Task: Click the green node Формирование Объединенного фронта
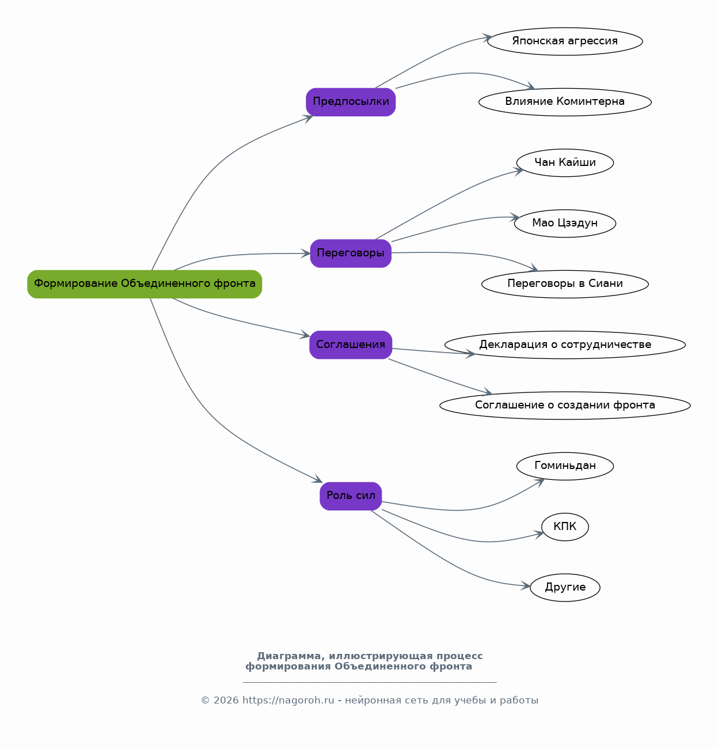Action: coord(145,284)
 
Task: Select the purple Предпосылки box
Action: coord(351,102)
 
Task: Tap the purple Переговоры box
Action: coord(351,254)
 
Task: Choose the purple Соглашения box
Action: coord(351,345)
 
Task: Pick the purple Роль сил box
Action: coord(351,496)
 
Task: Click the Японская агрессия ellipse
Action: coord(565,41)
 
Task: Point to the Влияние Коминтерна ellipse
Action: coord(565,102)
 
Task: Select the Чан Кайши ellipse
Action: coord(565,163)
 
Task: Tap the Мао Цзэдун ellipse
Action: coord(565,223)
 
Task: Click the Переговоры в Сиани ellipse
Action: coord(565,284)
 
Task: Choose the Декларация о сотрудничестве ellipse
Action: coord(565,345)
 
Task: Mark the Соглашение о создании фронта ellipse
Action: coord(565,406)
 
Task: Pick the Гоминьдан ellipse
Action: coord(565,466)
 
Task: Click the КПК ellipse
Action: coord(565,527)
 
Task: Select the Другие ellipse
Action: coord(565,588)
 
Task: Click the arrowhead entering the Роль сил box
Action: coord(318,479)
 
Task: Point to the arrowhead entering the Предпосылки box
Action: coord(308,118)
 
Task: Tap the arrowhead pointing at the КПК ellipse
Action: coord(538,535)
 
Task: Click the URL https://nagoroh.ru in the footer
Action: coord(288,700)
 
